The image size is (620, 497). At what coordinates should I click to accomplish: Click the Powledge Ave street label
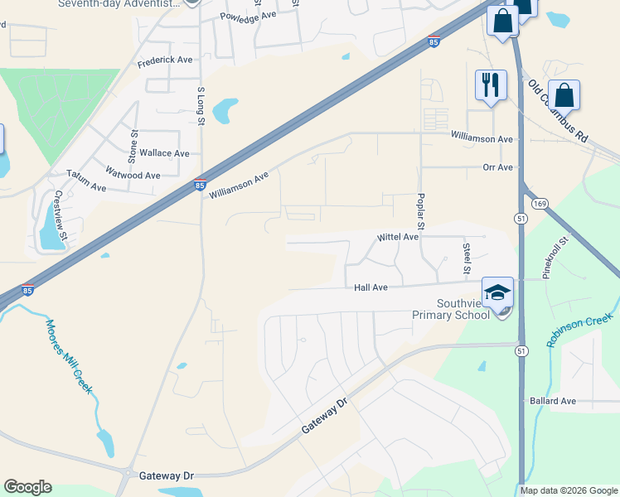(x=248, y=16)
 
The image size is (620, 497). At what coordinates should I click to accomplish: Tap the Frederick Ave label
(x=165, y=60)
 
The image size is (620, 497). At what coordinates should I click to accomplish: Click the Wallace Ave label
(x=164, y=153)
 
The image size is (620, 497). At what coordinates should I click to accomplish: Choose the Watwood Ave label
(x=133, y=175)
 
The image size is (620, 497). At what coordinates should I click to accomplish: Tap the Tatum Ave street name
(x=87, y=187)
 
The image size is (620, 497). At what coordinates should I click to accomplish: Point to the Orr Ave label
(x=498, y=167)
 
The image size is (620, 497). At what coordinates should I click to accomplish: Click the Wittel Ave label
(x=398, y=237)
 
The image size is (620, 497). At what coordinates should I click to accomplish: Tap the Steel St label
(x=467, y=259)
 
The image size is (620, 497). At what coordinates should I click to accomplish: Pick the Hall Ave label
(x=371, y=287)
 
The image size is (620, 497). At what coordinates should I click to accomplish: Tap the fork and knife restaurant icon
(x=490, y=84)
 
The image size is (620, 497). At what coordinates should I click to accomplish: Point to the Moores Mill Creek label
(x=68, y=357)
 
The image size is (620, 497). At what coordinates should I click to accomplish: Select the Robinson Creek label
(x=580, y=331)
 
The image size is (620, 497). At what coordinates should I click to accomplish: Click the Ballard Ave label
(x=552, y=401)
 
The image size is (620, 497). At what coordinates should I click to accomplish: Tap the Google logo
(x=27, y=487)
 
